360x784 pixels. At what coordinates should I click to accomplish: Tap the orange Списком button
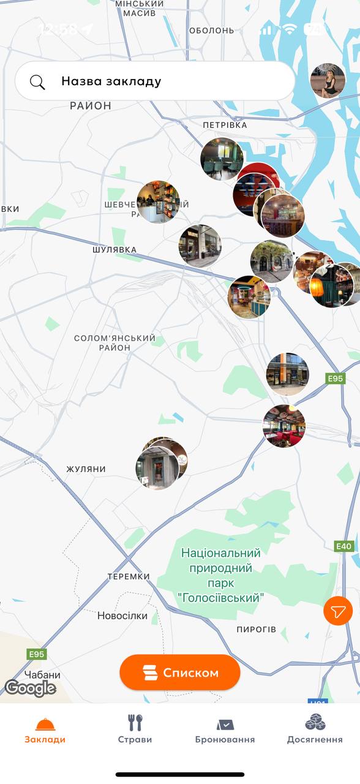tap(180, 673)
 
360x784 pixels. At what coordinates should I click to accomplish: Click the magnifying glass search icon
tap(38, 81)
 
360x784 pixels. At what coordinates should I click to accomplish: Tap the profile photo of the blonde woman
tap(328, 81)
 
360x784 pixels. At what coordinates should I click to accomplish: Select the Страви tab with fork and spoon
tap(135, 729)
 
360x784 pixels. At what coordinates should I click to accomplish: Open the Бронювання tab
tap(225, 729)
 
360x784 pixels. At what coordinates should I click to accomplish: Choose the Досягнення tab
tap(315, 729)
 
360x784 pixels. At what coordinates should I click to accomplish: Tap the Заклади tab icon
tap(45, 725)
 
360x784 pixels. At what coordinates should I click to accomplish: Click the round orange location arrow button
tap(338, 611)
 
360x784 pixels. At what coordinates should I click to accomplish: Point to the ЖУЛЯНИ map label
tap(86, 469)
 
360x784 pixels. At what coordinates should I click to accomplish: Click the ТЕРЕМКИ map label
tap(129, 576)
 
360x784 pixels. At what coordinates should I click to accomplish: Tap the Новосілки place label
tap(122, 616)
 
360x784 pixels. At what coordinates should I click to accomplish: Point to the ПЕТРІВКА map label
tap(225, 125)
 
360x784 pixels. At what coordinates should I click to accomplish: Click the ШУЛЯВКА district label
tap(114, 250)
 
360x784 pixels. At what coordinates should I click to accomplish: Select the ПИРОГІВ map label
tap(257, 629)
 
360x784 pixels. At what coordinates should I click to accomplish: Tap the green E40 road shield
tap(344, 546)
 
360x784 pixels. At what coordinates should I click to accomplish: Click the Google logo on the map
tap(30, 688)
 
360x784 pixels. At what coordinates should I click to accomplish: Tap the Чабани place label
tap(43, 675)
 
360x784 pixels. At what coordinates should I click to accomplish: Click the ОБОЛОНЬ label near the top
tap(211, 30)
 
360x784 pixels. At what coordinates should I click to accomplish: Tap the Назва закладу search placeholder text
tap(111, 81)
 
